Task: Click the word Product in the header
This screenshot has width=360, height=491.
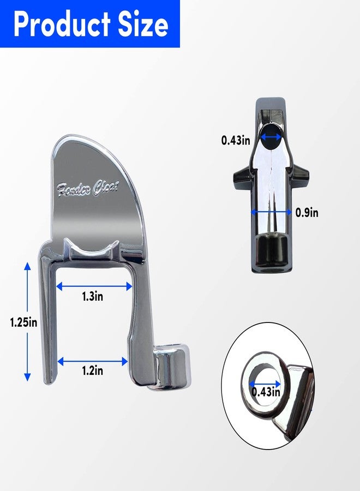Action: [x=62, y=24]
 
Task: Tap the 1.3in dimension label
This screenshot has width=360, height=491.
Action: [x=92, y=296]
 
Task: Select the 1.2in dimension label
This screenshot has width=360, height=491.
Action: [x=92, y=371]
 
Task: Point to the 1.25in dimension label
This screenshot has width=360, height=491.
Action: [x=24, y=322]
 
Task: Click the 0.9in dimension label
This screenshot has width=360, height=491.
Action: [x=307, y=213]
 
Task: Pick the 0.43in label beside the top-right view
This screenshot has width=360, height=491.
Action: [x=236, y=140]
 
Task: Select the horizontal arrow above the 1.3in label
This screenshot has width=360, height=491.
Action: [x=94, y=286]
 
